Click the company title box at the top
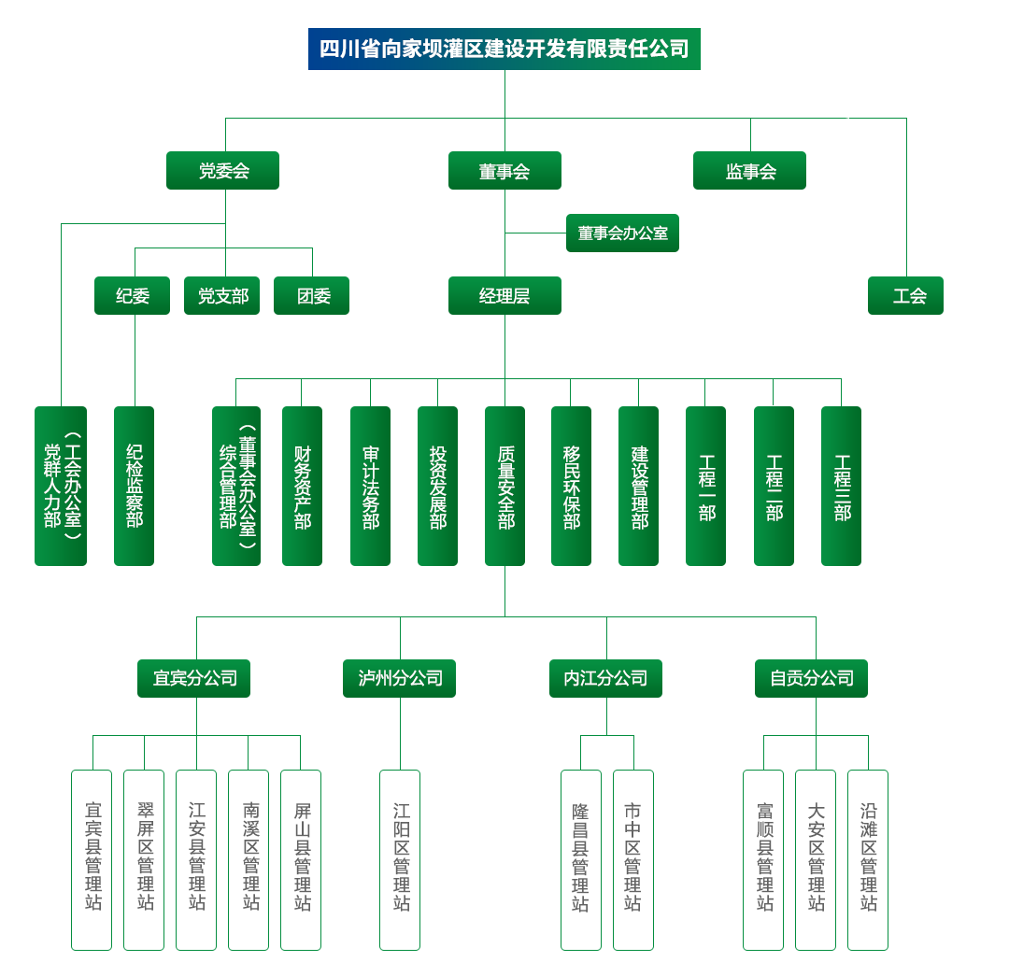click(504, 49)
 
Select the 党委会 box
click(222, 172)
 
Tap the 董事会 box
click(504, 172)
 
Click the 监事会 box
click(751, 172)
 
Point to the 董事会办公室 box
click(622, 233)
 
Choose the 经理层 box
click(504, 296)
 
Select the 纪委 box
click(132, 296)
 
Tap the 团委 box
click(312, 296)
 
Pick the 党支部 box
click(222, 296)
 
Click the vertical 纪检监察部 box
click(135, 486)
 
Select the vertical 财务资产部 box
click(302, 486)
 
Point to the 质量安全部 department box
click(505, 486)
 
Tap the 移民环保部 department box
click(571, 486)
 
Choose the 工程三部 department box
click(842, 486)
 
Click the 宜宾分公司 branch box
click(195, 678)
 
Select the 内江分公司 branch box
click(605, 678)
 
